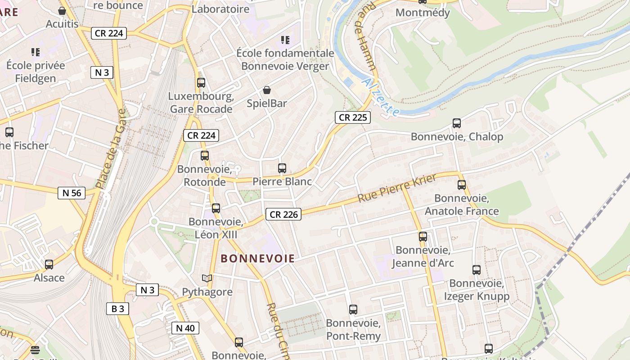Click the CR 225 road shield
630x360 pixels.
(x=353, y=118)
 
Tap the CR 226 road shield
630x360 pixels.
(x=283, y=215)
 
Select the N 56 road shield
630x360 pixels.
(x=72, y=193)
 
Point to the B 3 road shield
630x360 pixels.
(x=118, y=309)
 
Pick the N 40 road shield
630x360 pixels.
(x=185, y=328)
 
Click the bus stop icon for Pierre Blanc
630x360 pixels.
(x=282, y=168)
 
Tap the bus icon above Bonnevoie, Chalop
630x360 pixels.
(x=457, y=123)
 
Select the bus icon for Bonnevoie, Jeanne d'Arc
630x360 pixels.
(x=423, y=237)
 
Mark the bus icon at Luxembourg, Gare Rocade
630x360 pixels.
(x=201, y=83)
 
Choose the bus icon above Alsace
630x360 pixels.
(x=49, y=265)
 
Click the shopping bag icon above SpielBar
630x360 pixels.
(x=267, y=90)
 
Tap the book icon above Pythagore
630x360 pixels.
(x=207, y=279)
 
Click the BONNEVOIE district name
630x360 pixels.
(x=258, y=259)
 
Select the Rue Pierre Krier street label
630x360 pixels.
(x=397, y=188)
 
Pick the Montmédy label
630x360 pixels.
(x=423, y=13)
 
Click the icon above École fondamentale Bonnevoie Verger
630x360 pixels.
(x=285, y=40)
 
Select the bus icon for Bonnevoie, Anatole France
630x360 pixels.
(x=462, y=184)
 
